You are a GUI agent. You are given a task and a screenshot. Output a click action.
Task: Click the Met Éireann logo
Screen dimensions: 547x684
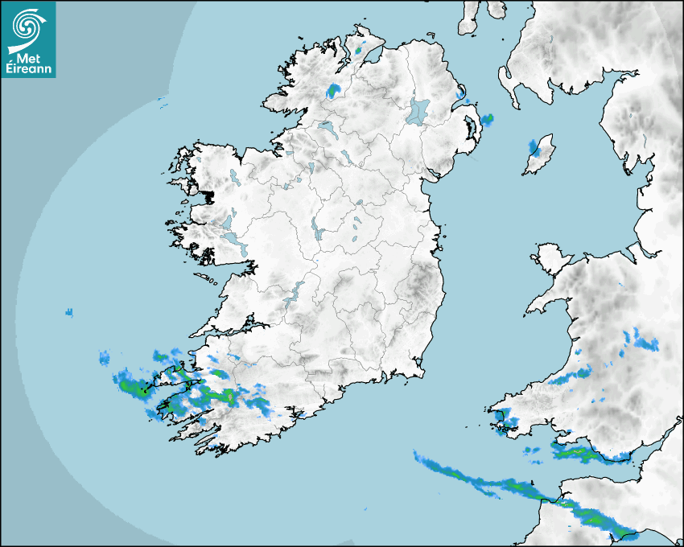click(28, 39)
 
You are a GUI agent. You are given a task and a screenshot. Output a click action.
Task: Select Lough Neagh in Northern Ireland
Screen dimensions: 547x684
click(418, 111)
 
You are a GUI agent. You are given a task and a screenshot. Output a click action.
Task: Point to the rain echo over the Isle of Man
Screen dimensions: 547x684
click(533, 146)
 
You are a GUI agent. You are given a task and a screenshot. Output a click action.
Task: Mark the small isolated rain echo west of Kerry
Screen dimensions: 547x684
click(69, 312)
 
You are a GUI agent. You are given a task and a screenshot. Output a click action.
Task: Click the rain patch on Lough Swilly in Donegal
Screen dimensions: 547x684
click(360, 50)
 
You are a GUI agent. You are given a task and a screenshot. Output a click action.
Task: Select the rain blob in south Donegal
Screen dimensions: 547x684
click(333, 90)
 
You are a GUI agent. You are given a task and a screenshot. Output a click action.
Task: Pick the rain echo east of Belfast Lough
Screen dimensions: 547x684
click(487, 120)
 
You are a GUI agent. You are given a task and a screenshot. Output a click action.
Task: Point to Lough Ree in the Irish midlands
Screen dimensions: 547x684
click(319, 232)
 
